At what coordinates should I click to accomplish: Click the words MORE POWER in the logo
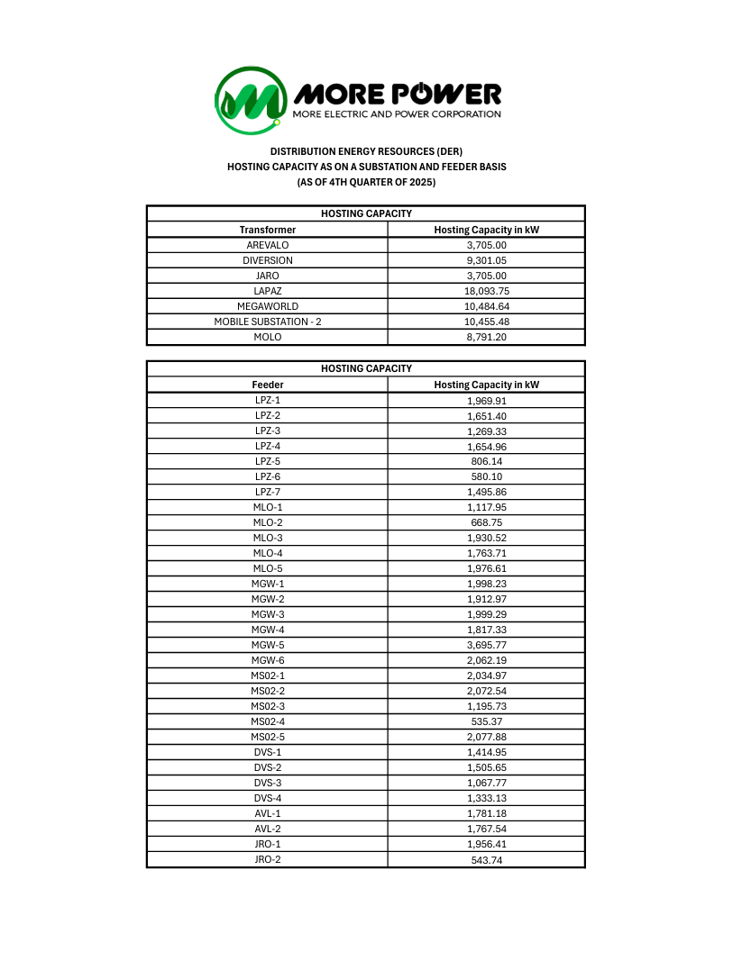click(x=397, y=93)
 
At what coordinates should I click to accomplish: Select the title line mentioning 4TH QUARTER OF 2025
click(x=366, y=182)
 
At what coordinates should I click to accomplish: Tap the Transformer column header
click(x=267, y=230)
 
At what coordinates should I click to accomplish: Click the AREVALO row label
click(x=267, y=245)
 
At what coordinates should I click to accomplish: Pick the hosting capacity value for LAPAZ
click(x=487, y=291)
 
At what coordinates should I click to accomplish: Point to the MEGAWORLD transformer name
click(x=267, y=306)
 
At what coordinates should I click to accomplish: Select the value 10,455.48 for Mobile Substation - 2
click(x=487, y=322)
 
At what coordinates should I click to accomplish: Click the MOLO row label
click(x=267, y=337)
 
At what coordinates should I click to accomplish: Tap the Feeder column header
click(x=267, y=385)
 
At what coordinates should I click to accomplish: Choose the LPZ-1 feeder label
click(x=267, y=400)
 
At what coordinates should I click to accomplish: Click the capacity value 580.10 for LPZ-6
click(x=487, y=476)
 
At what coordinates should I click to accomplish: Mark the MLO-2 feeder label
click(x=267, y=522)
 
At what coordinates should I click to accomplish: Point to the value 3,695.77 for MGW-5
click(x=487, y=645)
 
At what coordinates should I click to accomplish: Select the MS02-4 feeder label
click(x=267, y=721)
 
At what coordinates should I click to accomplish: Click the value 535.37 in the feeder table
click(x=487, y=721)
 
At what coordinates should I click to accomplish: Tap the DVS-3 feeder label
click(x=267, y=783)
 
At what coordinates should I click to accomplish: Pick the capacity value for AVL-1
click(x=487, y=813)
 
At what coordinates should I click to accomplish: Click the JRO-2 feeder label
click(x=267, y=859)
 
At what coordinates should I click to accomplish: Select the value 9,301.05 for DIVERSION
click(x=487, y=260)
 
